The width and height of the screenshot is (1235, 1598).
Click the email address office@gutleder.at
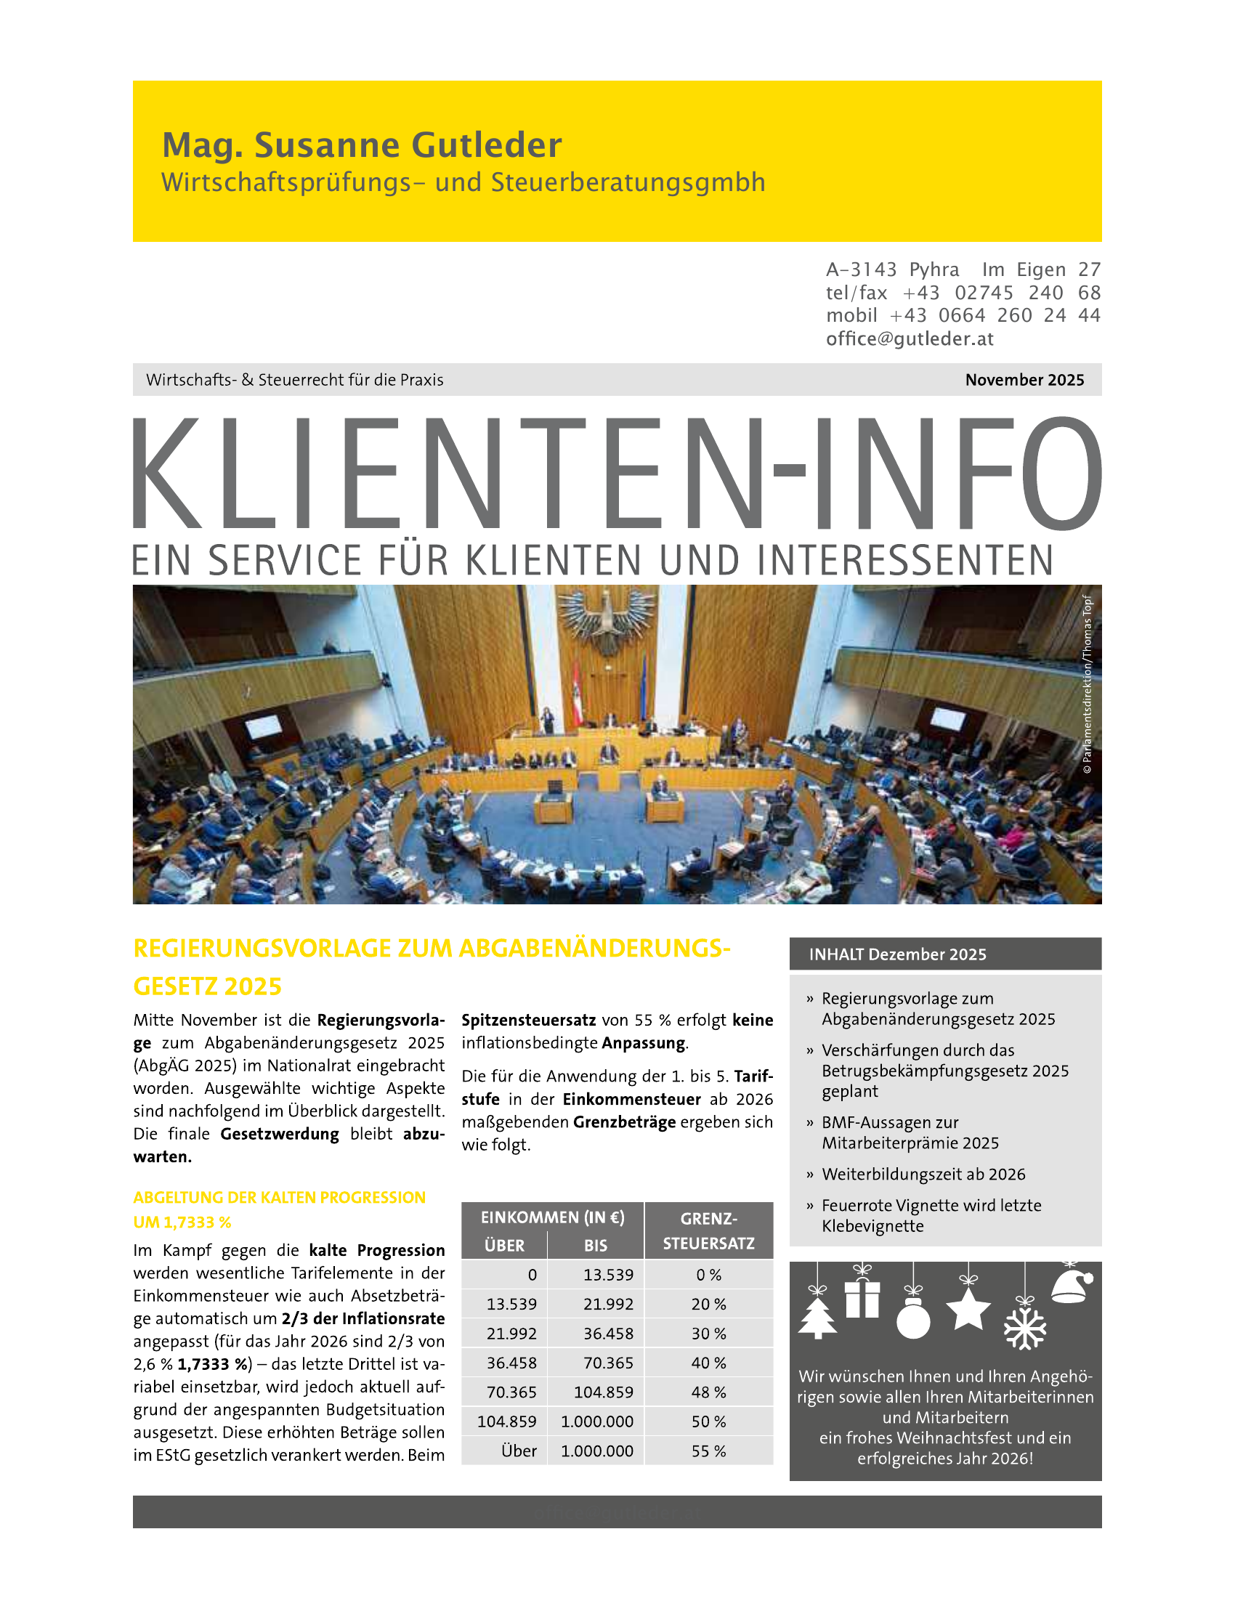(x=910, y=338)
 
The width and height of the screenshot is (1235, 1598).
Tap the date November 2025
(x=1024, y=380)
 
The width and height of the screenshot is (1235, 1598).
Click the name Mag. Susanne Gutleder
(x=362, y=145)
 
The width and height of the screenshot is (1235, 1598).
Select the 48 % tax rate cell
(x=708, y=1392)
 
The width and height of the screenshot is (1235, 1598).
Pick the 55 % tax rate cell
(x=708, y=1451)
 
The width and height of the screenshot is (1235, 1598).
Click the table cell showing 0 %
(x=708, y=1275)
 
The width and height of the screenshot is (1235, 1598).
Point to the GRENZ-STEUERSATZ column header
(x=708, y=1230)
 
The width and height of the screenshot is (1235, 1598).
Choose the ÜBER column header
(x=504, y=1245)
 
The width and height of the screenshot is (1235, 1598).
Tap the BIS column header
(x=596, y=1245)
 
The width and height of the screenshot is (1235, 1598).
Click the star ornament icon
(x=968, y=1310)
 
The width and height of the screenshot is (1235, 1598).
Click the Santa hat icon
(x=1072, y=1286)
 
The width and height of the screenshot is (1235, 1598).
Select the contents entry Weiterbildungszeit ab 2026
(x=923, y=1175)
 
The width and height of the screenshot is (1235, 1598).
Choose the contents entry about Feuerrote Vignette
(x=931, y=1215)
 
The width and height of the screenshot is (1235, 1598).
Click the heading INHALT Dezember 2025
(x=898, y=954)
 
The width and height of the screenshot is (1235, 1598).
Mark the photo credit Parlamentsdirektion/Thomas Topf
(x=1088, y=684)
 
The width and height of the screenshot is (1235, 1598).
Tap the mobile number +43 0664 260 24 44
(x=995, y=315)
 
